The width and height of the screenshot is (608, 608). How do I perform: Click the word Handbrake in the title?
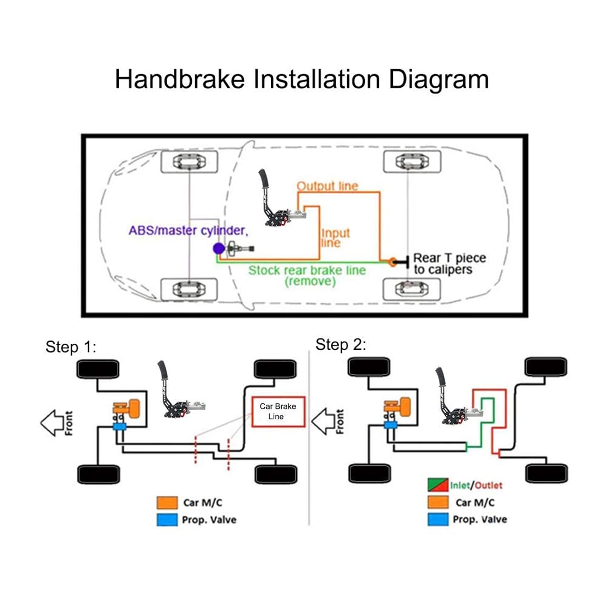pyautogui.click(x=180, y=79)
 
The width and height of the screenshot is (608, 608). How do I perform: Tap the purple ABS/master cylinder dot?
pyautogui.click(x=219, y=248)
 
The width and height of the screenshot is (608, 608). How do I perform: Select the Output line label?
pyautogui.click(x=328, y=186)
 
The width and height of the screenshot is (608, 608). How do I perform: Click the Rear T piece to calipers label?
pyautogui.click(x=450, y=264)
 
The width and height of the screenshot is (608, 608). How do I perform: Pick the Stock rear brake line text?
pyautogui.click(x=307, y=270)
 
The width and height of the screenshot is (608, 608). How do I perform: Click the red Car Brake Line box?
pyautogui.click(x=278, y=411)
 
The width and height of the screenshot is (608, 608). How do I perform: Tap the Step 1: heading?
pyautogui.click(x=71, y=347)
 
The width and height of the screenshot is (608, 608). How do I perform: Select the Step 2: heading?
pyautogui.click(x=341, y=345)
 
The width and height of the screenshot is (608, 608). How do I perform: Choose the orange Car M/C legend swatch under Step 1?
pyautogui.click(x=167, y=503)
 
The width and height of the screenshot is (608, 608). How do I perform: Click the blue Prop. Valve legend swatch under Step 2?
pyautogui.click(x=438, y=519)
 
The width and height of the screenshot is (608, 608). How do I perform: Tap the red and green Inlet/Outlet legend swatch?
pyautogui.click(x=438, y=485)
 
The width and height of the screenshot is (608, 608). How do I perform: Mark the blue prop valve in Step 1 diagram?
pyautogui.click(x=120, y=426)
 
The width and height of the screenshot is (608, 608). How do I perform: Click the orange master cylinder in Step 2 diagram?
pyautogui.click(x=398, y=408)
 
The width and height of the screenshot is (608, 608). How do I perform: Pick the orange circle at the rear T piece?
pyautogui.click(x=392, y=262)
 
